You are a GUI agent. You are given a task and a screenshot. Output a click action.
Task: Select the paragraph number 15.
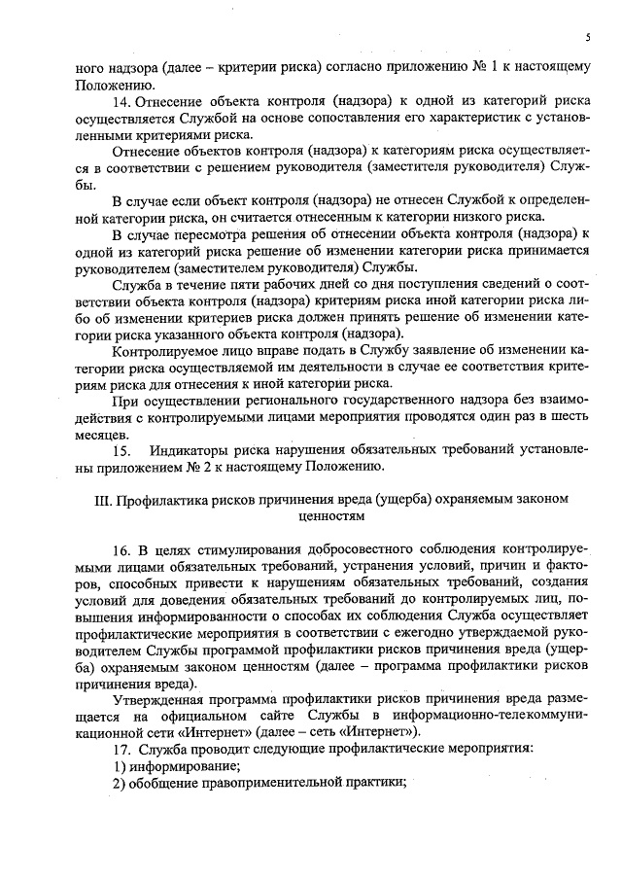click(121, 450)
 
